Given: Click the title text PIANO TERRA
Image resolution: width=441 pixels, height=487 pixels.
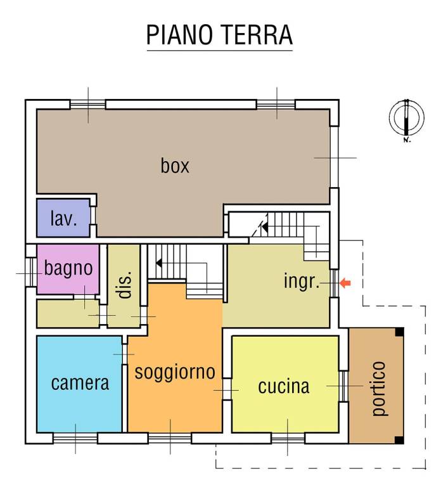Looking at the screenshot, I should tap(219, 36).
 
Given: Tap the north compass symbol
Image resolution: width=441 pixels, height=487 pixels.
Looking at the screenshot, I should tap(406, 118).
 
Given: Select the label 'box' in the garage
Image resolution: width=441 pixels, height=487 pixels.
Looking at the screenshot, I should tap(175, 166).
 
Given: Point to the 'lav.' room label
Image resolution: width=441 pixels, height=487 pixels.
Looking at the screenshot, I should tap(63, 219).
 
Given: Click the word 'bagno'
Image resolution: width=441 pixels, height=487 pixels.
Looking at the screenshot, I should tap(68, 268).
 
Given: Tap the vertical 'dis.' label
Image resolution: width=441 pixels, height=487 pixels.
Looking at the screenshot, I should tap(125, 285).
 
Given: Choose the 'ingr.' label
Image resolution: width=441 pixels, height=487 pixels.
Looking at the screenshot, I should tap(302, 282).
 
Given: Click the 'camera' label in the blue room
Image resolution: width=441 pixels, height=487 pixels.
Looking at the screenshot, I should tap(80, 383).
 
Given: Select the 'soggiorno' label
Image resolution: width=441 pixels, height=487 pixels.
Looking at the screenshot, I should tap(175, 372).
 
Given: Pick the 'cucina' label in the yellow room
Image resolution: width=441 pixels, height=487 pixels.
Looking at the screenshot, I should tap(283, 386).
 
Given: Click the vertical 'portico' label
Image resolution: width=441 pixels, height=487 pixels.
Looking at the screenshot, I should tap(378, 388).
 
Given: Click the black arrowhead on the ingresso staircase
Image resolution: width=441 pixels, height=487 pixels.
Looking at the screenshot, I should tap(265, 226).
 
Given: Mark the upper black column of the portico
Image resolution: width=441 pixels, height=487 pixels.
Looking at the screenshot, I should tap(399, 332).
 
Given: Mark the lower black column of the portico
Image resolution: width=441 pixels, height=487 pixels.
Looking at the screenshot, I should tap(399, 439).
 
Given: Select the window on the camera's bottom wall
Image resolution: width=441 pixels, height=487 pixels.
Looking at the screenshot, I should tap(75, 438).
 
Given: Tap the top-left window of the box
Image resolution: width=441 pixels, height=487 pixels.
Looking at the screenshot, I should tap(87, 104).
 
